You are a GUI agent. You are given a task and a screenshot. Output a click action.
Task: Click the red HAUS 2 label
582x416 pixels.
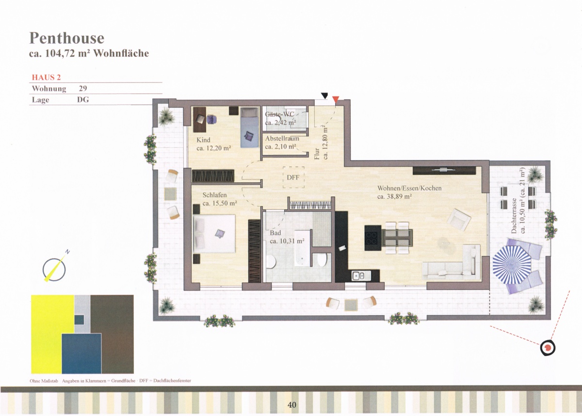46,78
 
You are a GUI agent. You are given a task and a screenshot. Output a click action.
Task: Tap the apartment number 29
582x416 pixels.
83,89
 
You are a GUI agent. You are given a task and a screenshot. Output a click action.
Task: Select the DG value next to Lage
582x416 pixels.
83,100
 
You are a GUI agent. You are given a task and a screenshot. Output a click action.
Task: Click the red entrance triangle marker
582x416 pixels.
336,99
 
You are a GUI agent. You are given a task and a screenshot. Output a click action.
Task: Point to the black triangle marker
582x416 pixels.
324,96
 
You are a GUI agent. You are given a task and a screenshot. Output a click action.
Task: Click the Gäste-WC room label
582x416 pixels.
279,114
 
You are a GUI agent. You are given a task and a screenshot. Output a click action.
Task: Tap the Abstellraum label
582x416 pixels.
282,139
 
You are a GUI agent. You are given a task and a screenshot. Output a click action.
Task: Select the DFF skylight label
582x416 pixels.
293,177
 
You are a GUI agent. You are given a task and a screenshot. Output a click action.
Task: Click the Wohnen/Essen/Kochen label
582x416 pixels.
409,188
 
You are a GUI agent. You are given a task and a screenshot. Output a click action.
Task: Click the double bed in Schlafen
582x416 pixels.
214,233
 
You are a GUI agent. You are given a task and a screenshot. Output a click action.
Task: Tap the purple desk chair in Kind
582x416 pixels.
212,119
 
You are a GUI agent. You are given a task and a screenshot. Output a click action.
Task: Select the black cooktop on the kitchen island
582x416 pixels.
373,238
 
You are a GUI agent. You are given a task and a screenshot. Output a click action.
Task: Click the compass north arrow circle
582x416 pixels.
54,270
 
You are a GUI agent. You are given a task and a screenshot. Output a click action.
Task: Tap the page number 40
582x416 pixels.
292,404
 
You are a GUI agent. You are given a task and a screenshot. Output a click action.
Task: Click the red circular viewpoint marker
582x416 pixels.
548,348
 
